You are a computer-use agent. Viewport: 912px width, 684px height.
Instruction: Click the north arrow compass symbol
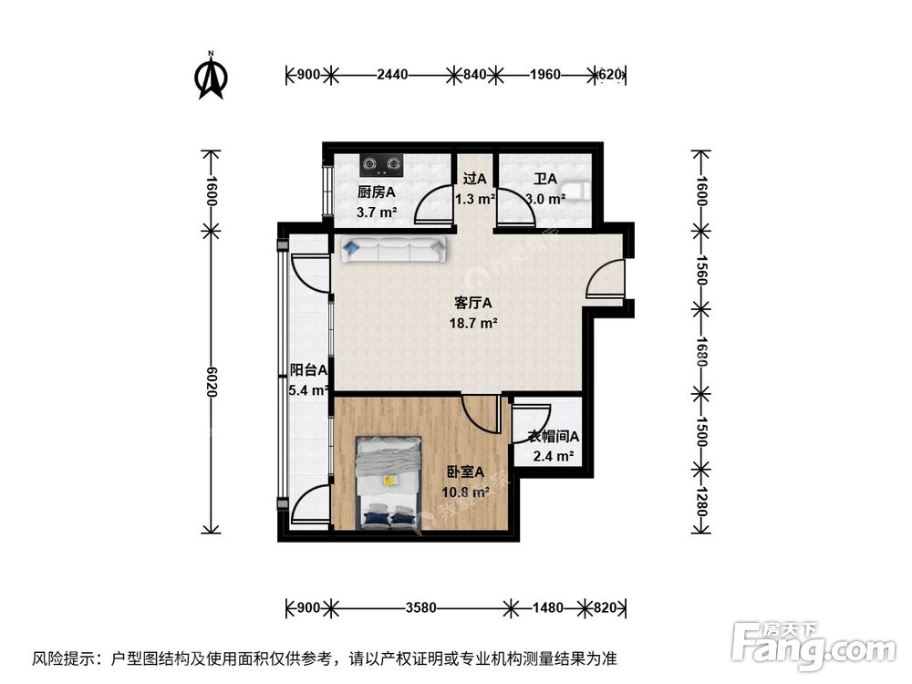click(212, 78)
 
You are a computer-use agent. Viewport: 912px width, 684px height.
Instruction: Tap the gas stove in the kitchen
click(381, 165)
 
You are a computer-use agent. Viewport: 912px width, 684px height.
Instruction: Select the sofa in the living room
click(392, 248)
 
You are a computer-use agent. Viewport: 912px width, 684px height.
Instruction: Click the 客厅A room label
click(473, 304)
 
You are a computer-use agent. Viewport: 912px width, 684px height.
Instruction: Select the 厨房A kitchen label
click(376, 192)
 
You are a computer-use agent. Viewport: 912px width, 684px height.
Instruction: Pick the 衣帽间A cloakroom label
click(554, 437)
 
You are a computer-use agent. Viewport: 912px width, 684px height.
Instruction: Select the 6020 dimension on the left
click(211, 378)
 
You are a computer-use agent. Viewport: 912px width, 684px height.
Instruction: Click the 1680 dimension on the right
click(700, 350)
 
